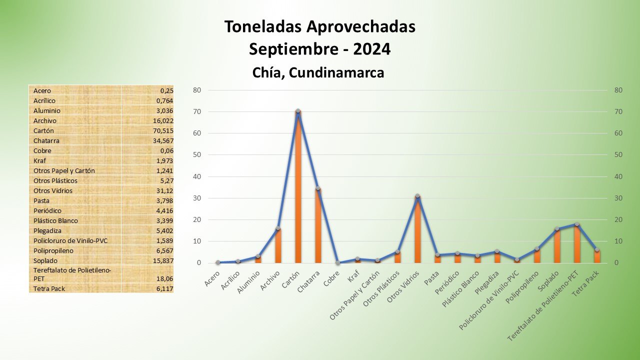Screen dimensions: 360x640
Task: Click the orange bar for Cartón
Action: (x=298, y=190)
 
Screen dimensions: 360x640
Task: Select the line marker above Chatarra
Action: (x=318, y=188)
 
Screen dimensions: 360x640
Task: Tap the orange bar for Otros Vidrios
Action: (x=417, y=230)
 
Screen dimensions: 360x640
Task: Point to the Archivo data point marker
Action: (x=278, y=228)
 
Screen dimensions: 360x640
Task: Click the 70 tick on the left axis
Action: (x=197, y=111)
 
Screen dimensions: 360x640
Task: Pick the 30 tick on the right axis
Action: (x=618, y=198)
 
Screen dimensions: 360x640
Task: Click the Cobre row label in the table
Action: (x=42, y=150)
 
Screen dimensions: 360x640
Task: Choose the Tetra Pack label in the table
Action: (x=49, y=288)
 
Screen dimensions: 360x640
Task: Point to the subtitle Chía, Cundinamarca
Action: (x=318, y=73)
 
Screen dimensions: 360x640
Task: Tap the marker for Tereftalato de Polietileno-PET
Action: (x=577, y=224)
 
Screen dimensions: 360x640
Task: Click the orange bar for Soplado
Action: (x=557, y=246)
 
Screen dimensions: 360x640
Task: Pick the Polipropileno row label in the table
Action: (x=53, y=250)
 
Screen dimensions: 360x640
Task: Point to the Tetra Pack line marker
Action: (x=597, y=249)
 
